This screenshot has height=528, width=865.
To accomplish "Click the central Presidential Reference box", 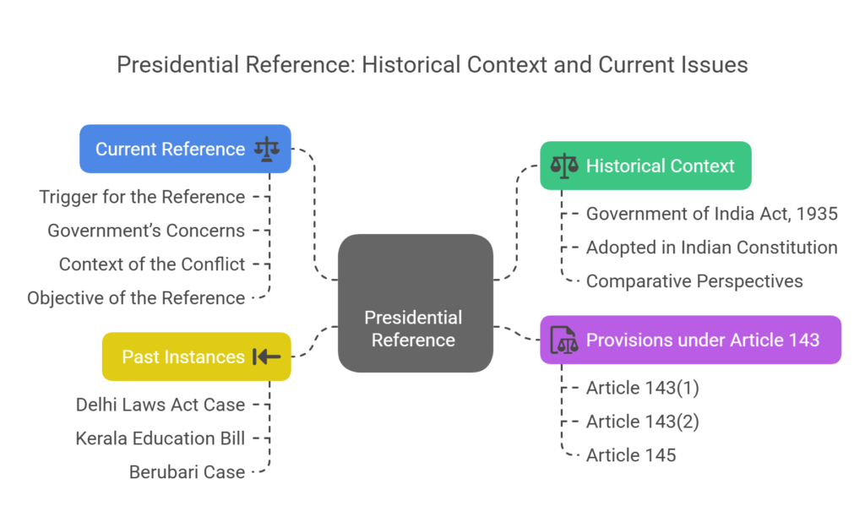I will click(x=415, y=303).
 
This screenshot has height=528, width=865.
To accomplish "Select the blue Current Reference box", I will click(x=185, y=150).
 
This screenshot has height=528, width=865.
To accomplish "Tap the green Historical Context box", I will click(x=645, y=166).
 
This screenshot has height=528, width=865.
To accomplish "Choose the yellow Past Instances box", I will click(x=196, y=357).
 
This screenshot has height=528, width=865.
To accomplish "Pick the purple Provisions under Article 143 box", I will click(x=690, y=340).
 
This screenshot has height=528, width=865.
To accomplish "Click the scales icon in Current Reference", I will click(x=268, y=150).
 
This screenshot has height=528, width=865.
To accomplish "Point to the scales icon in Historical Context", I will click(x=563, y=166).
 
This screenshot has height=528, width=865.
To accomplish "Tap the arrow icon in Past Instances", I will click(x=267, y=357).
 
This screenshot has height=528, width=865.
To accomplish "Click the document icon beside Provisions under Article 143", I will click(x=563, y=340).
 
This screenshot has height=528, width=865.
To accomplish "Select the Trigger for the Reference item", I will click(x=142, y=197).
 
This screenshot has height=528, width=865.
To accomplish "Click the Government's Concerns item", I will click(x=146, y=231).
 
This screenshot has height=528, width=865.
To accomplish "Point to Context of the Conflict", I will click(x=152, y=264).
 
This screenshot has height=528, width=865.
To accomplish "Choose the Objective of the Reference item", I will click(x=136, y=298).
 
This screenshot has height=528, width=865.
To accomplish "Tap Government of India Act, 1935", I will click(x=711, y=214).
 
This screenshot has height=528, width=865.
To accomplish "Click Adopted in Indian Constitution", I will click(x=711, y=248).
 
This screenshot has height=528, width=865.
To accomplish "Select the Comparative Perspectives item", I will click(x=694, y=281).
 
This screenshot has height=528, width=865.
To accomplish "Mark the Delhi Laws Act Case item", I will click(x=160, y=405).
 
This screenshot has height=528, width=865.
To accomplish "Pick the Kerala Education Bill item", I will click(x=160, y=438).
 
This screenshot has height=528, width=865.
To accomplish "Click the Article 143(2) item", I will click(x=642, y=422).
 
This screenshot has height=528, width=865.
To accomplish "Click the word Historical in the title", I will click(x=409, y=65).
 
